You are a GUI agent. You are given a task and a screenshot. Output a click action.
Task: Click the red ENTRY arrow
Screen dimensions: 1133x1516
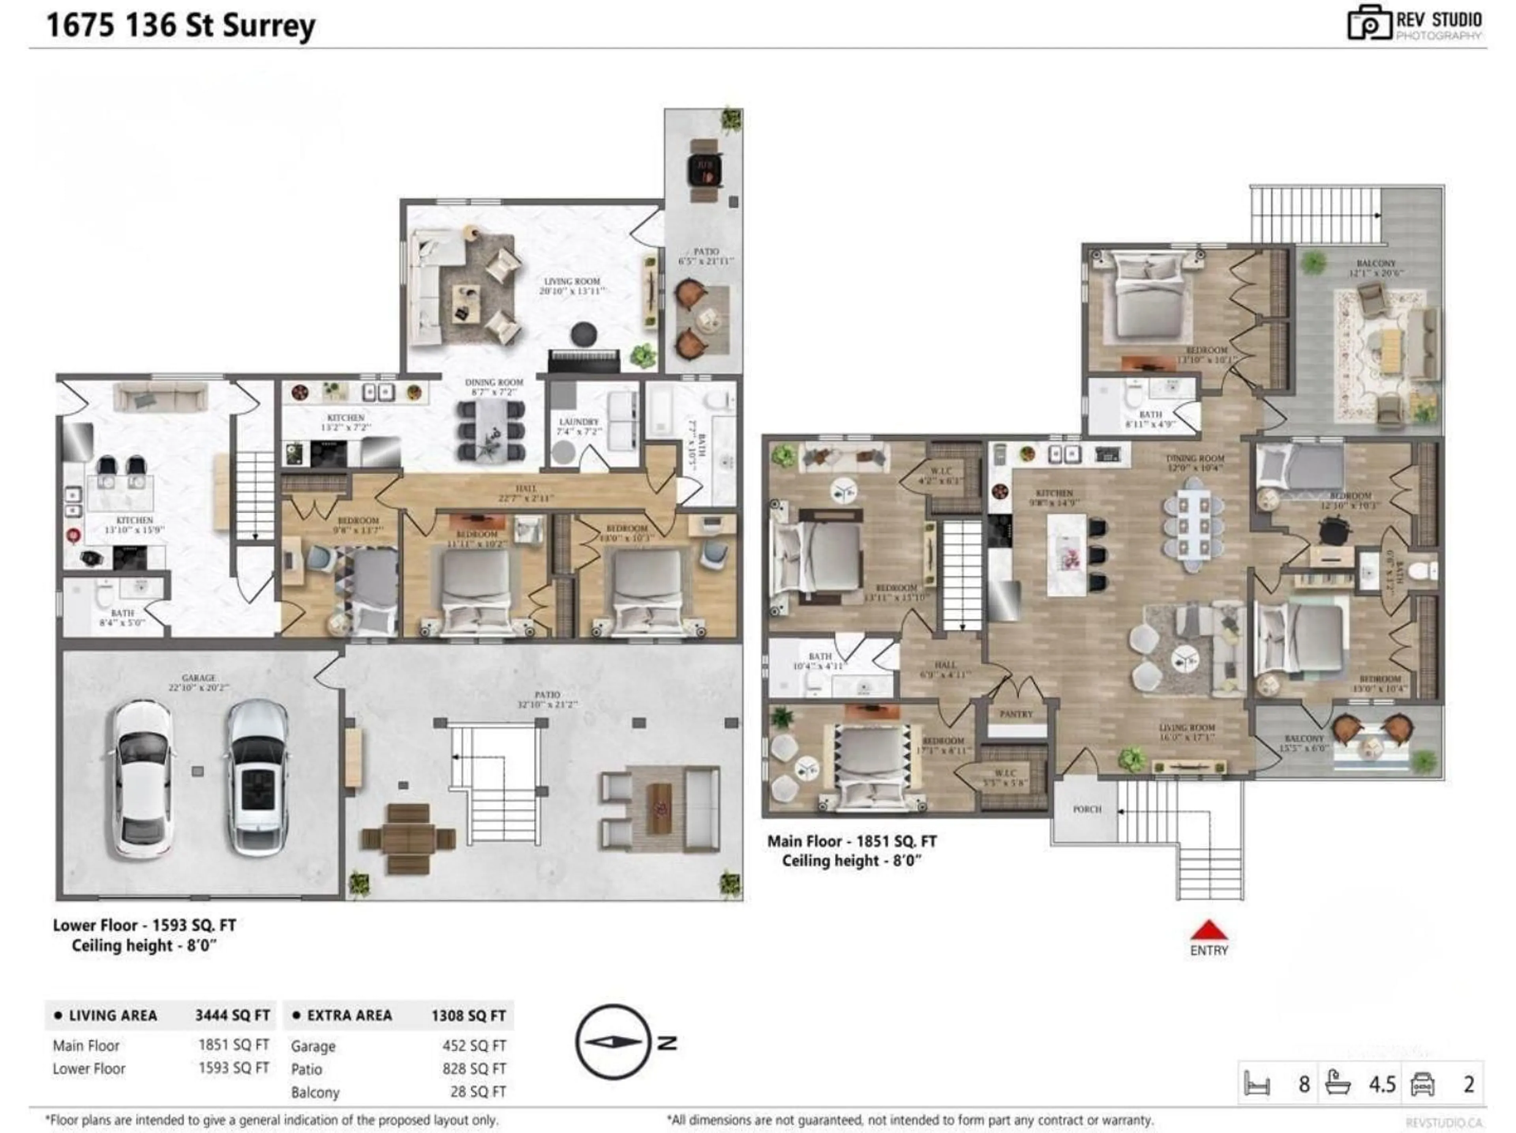1209,930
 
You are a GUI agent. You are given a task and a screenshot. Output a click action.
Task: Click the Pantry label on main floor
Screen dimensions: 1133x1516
1016,714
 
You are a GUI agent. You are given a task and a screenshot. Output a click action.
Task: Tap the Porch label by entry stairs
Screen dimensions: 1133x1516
1087,809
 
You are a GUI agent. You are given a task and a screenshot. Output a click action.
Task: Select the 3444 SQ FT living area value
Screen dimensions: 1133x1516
232,1015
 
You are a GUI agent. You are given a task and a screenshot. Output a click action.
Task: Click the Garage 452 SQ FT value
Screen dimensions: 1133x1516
474,1046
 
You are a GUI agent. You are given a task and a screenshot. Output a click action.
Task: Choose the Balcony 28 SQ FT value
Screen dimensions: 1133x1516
478,1092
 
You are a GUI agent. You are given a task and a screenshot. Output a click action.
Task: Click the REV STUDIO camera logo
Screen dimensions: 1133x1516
1369,24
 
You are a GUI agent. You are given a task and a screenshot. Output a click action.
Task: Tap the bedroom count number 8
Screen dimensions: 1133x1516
1304,1084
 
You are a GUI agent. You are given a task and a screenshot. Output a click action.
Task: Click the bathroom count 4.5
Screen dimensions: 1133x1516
1382,1084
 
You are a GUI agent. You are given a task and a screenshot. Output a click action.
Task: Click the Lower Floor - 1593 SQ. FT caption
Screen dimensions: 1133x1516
144,925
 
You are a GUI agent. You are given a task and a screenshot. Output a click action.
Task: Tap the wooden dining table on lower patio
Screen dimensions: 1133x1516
409,839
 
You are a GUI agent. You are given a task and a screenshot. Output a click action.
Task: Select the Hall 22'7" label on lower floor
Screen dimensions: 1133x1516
526,492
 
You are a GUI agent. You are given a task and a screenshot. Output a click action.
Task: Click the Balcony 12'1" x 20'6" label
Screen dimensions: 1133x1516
1375,267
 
